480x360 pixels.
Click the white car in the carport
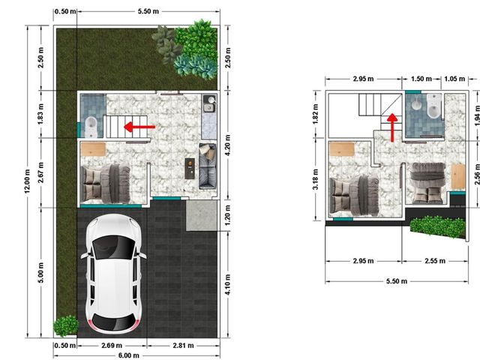click(113, 274)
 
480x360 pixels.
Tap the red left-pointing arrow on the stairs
click(139, 127)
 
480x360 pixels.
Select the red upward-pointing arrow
click(392, 127)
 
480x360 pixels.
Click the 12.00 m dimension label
click(28, 181)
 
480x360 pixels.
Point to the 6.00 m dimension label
click(129, 355)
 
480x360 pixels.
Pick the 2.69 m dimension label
click(112, 346)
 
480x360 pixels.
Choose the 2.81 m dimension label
click(183, 346)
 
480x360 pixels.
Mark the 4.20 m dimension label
click(228, 145)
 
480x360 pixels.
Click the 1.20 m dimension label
click(228, 215)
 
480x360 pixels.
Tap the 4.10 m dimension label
click(228, 285)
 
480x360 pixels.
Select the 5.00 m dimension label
click(41, 273)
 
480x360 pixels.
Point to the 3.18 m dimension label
click(316, 179)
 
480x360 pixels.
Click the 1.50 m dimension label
click(421, 79)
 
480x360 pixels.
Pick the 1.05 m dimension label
click(454, 79)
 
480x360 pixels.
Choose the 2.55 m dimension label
click(435, 261)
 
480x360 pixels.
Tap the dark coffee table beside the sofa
click(190, 168)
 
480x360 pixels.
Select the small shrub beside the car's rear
click(65, 325)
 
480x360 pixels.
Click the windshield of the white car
click(113, 247)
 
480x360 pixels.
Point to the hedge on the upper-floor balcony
click(438, 226)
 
